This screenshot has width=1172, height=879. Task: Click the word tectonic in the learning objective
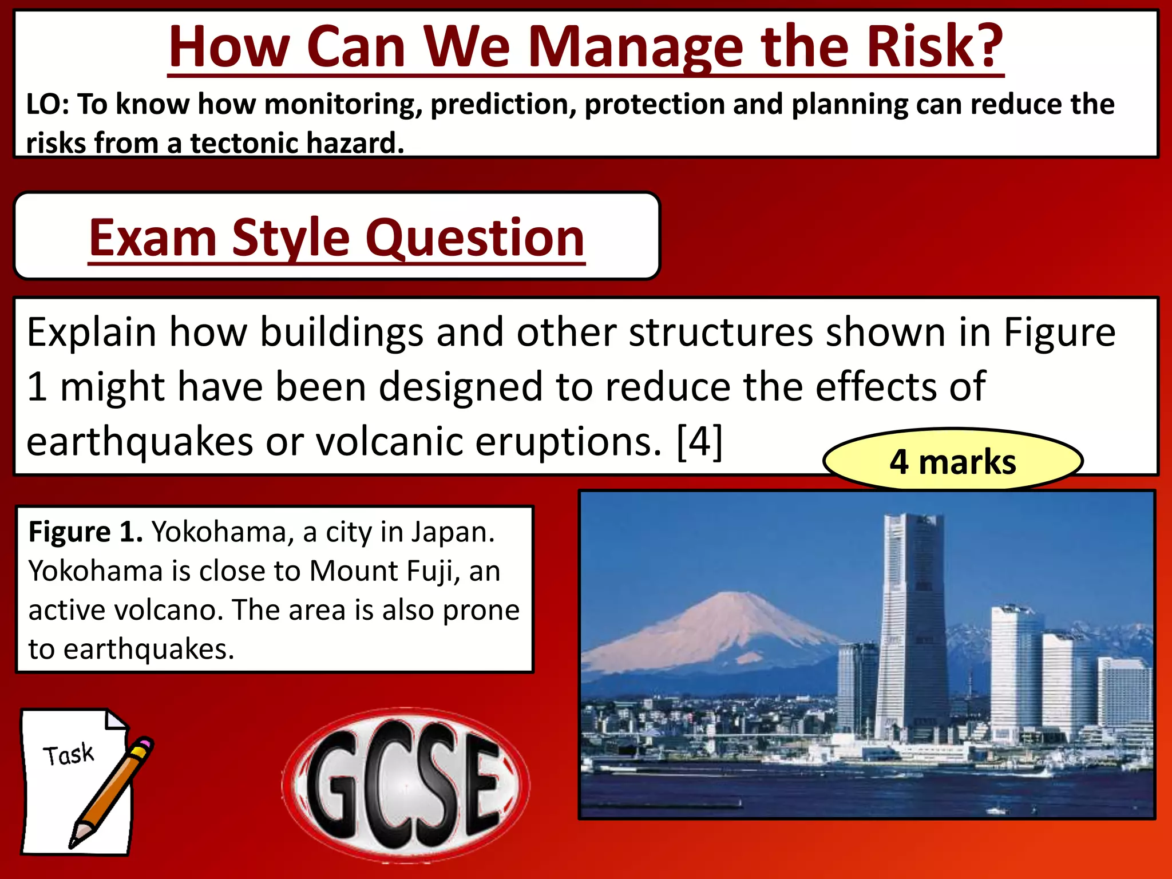(x=241, y=143)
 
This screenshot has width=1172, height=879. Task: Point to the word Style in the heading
(x=291, y=238)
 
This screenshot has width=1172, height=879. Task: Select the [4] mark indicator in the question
(x=699, y=441)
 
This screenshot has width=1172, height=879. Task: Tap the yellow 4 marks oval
(x=952, y=461)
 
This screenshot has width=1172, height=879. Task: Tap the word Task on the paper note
(x=68, y=755)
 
